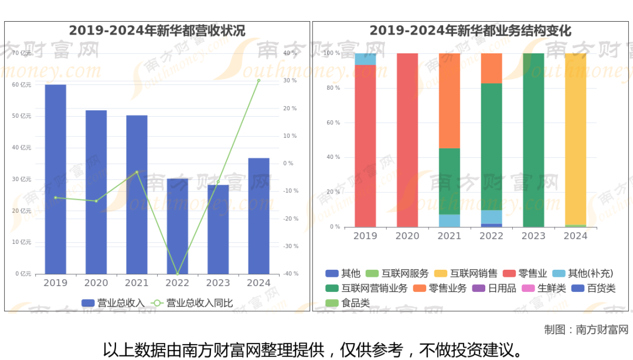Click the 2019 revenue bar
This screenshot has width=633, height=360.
pos(55,179)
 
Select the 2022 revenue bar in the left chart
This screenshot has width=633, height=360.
pos(177,226)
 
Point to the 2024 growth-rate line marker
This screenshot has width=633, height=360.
pos(258,80)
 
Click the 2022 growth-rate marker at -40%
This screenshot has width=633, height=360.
pos(177,274)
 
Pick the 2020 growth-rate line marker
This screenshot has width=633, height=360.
pos(96,201)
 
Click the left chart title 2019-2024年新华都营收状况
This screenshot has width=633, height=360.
pos(157,31)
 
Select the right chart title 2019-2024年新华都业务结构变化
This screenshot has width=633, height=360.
pos(470,31)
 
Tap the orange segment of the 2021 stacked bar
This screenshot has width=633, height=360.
pos(450,100)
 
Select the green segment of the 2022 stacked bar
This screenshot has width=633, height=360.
pos(491,147)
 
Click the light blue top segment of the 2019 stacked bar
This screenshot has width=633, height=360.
pos(365,59)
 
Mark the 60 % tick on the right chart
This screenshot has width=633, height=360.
pos(333,123)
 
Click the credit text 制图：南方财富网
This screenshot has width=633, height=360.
pos(586,330)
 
